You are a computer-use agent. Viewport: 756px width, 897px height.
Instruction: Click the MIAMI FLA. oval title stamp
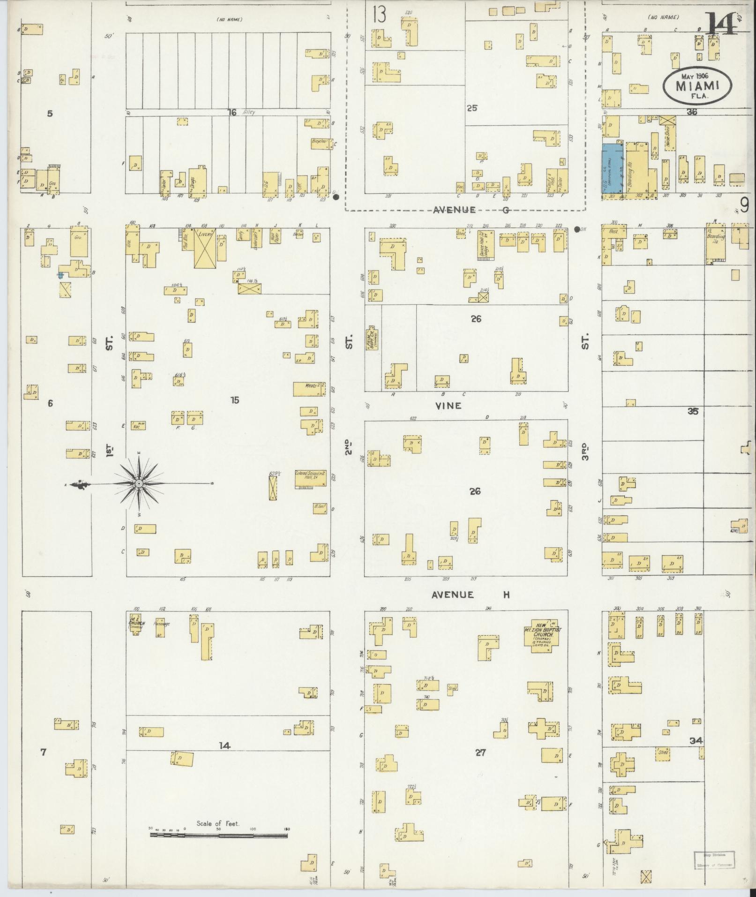pos(697,86)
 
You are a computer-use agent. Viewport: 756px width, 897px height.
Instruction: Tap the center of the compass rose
pos(139,483)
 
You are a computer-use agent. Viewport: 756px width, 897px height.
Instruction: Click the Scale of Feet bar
pos(218,507)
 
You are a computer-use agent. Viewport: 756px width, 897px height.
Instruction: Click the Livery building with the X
pos(204,248)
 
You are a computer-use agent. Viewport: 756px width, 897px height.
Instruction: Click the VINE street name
pos(449,406)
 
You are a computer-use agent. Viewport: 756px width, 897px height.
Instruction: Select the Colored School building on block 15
pos(310,478)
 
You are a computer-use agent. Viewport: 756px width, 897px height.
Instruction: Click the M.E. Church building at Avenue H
pos(135,624)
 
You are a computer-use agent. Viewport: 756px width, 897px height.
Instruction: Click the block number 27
pos(480,753)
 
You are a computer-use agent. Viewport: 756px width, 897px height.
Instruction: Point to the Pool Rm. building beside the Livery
pos(187,241)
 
